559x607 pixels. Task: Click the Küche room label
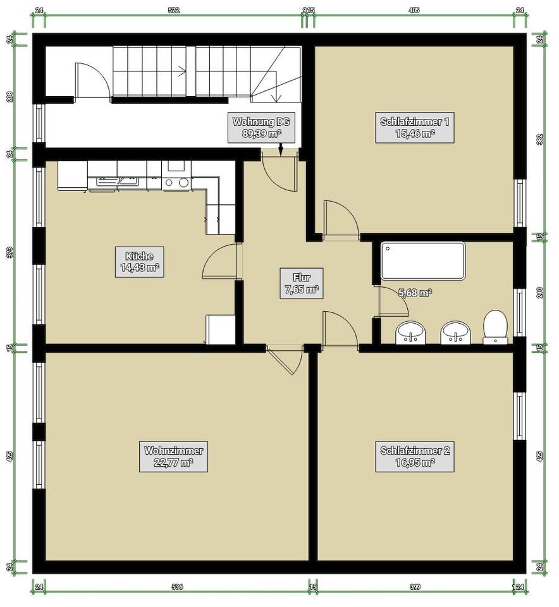coord(139,262)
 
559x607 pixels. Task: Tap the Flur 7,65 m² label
coord(301,283)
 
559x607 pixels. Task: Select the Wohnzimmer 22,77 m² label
coord(173,457)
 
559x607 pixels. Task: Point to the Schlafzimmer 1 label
coord(415,127)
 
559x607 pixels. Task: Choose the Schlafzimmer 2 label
coord(415,457)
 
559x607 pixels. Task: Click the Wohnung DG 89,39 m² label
coord(262,127)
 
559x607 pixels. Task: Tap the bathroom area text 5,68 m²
coord(415,293)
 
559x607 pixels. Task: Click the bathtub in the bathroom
coord(422,261)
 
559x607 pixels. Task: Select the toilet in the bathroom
coord(496,327)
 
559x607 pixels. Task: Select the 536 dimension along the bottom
coord(177,587)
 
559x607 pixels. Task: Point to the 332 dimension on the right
coord(539,139)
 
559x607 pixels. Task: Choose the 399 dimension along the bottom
coord(415,587)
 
